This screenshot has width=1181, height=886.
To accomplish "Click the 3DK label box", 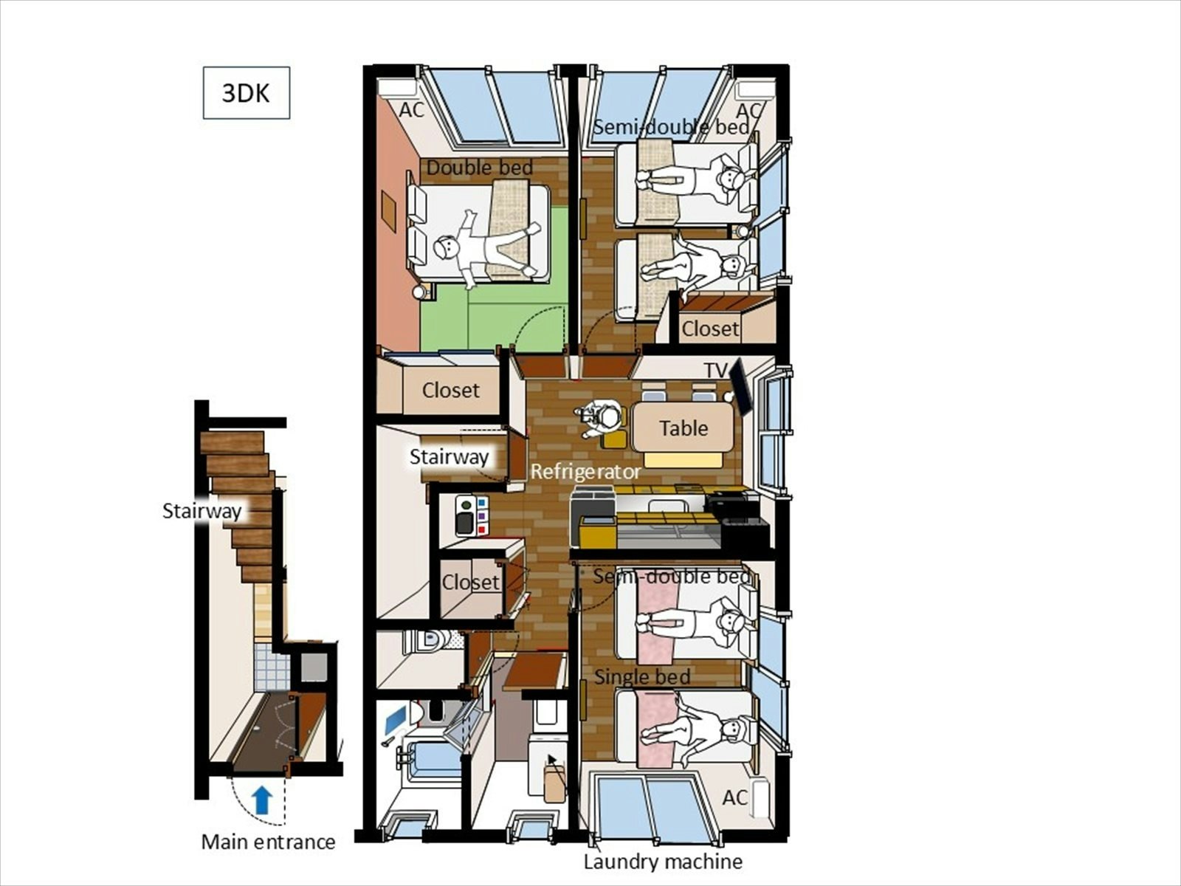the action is tap(247, 92).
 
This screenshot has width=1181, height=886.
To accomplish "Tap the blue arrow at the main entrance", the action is tap(262, 800).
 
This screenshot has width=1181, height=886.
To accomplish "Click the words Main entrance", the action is tap(268, 842).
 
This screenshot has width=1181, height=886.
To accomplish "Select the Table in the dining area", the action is tap(684, 427).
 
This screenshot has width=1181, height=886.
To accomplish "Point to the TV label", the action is tap(716, 370).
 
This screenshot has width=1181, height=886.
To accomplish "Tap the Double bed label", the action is tap(479, 168).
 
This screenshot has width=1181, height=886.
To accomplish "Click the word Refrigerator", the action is tap(585, 472).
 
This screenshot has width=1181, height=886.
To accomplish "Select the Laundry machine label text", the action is tap(663, 861).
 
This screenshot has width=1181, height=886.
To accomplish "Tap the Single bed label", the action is tap(642, 676).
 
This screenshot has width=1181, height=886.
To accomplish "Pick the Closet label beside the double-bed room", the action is tap(450, 390).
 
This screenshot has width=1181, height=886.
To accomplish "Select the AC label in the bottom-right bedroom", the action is tap(735, 798).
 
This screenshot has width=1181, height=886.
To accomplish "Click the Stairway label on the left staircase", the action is tap(202, 510).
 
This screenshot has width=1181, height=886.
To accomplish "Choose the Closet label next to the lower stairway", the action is tap(471, 582).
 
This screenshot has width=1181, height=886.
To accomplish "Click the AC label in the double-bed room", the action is tap(412, 110).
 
